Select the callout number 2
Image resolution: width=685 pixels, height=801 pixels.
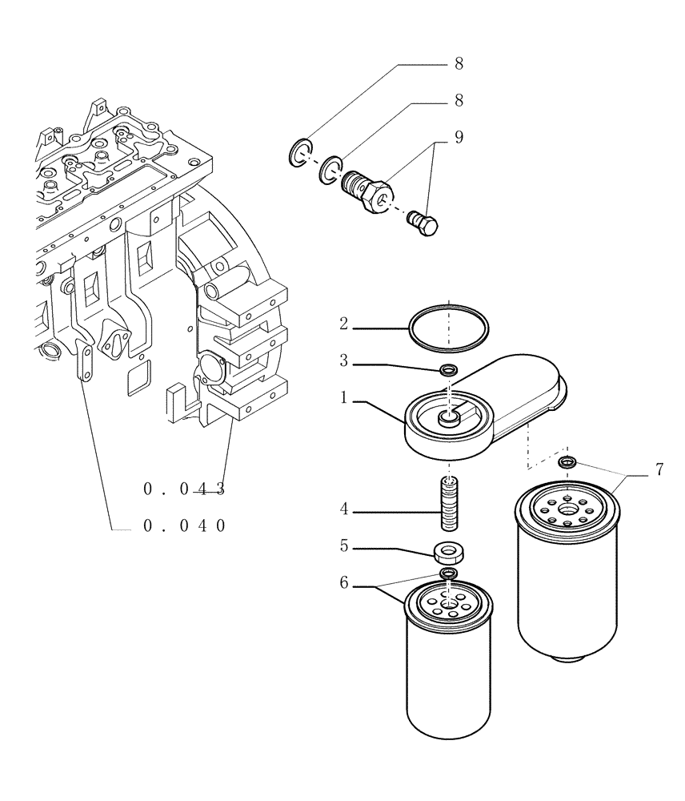(343, 324)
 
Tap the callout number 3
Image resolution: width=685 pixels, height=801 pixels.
(343, 361)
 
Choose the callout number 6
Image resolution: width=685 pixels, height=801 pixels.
(343, 583)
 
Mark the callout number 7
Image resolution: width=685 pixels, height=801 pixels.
(659, 469)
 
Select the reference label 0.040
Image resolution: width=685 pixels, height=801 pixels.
(185, 525)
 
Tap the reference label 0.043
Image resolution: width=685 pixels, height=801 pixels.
(185, 489)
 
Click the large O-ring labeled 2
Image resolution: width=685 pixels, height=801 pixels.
(449, 328)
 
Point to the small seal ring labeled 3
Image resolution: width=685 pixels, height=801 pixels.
(450, 370)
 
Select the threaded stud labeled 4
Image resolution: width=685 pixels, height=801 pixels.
(450, 502)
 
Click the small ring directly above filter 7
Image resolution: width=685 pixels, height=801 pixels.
(568, 461)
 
